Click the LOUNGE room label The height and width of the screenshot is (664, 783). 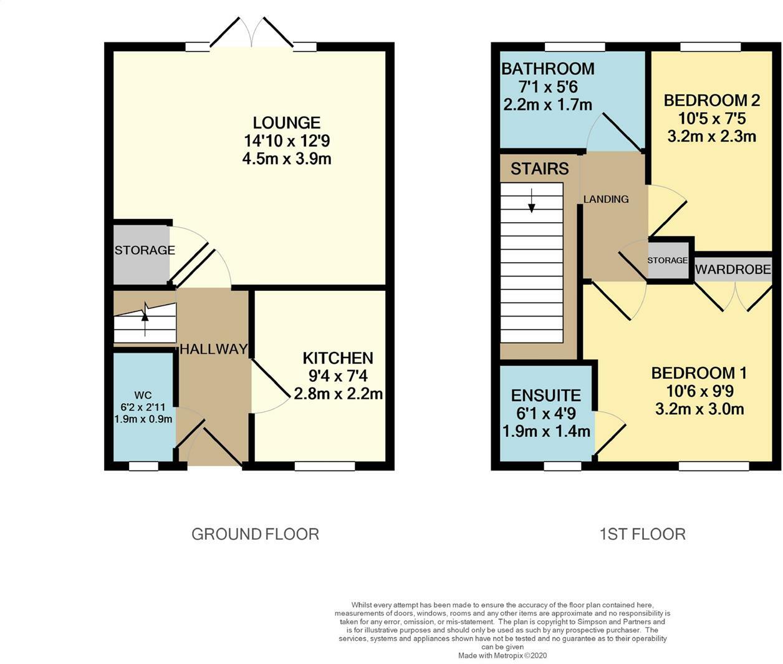tap(286, 123)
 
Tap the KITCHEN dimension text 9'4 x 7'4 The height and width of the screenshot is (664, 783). tap(338, 376)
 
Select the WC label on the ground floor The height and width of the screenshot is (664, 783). tap(143, 396)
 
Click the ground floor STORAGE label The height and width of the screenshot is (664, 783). tap(145, 250)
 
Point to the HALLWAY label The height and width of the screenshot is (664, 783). tap(214, 349)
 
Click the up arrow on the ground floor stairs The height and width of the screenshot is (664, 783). tap(145, 320)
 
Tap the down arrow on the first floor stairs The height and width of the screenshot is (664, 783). tap(532, 200)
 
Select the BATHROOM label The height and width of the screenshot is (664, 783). tap(548, 69)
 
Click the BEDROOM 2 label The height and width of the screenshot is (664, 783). tap(712, 100)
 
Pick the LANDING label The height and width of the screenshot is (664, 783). tap(606, 199)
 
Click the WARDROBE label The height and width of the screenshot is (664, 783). tap(733, 269)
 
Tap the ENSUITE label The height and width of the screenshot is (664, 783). tap(546, 396)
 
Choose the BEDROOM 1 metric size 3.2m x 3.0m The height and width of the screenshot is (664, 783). tap(699, 409)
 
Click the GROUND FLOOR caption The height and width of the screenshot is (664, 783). tap(255, 534)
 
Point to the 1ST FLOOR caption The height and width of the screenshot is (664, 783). tap(643, 534)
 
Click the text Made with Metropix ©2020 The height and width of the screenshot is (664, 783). tap(502, 655)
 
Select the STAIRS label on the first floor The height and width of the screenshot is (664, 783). tap(539, 168)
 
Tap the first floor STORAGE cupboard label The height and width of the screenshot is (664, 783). tap(667, 260)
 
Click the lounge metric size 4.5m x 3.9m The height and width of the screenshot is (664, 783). tap(287, 159)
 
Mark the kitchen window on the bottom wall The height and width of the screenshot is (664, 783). tap(324, 466)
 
